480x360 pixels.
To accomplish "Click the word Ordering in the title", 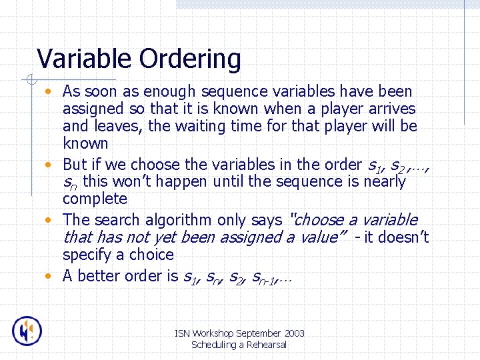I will coord(190,60).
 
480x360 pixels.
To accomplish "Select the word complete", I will coord(95,199).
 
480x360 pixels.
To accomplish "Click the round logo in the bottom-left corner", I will coord(27,331).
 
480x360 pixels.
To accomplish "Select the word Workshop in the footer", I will coord(215,333).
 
